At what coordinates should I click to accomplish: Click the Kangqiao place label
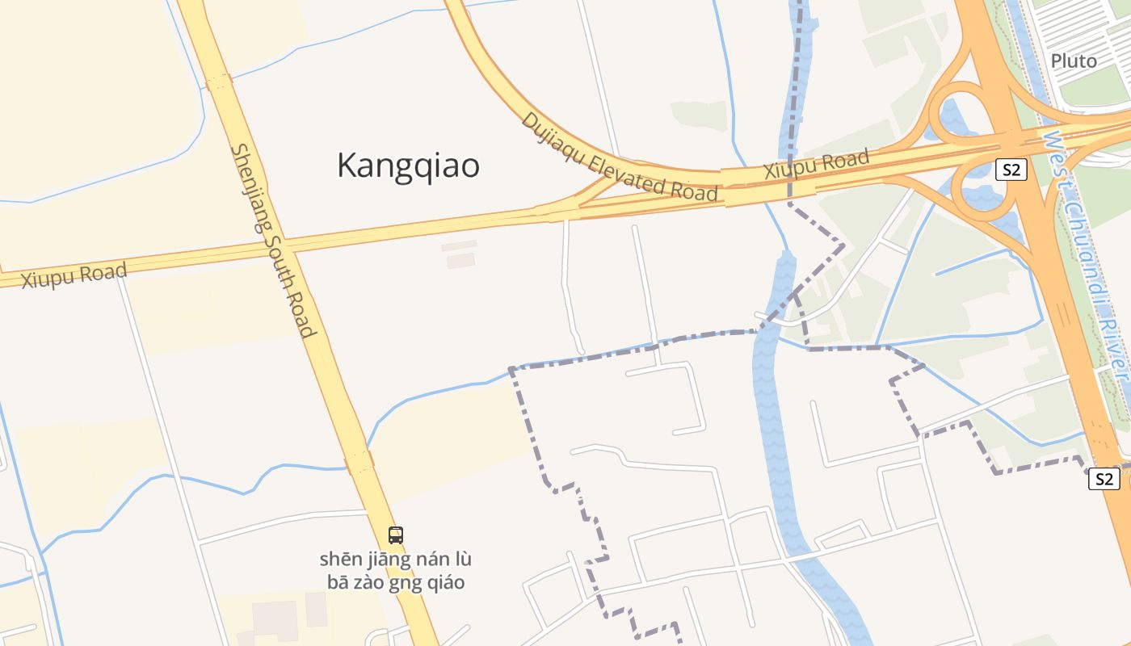coord(408,166)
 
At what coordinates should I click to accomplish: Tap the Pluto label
coord(1074,61)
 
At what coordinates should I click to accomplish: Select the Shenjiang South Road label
coord(271,241)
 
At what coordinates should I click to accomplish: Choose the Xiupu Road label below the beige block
coord(74,275)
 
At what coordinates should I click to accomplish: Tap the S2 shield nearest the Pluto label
coord(1011,170)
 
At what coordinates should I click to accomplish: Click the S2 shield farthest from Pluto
coord(1104,479)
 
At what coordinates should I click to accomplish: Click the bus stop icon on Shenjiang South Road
coord(395,535)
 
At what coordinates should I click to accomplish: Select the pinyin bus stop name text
coord(395,570)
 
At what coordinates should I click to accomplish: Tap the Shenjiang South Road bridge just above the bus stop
coord(359,463)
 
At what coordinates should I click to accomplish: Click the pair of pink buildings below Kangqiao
coord(460,254)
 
